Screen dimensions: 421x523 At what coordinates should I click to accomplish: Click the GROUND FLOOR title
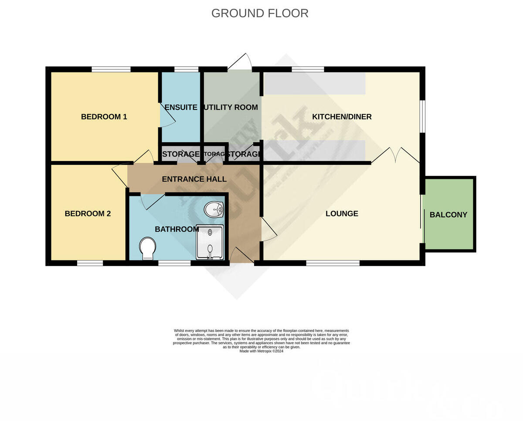[x=260, y=13]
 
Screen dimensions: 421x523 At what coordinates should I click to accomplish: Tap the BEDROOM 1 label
[x=104, y=116]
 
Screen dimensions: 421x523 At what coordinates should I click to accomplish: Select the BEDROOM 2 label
[x=88, y=213]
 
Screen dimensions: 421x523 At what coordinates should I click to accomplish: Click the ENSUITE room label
[x=181, y=107]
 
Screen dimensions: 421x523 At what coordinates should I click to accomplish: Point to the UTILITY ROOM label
[x=231, y=107]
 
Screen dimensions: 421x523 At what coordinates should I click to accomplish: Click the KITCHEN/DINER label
[x=342, y=116]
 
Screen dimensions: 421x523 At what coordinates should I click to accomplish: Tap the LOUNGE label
[x=342, y=213]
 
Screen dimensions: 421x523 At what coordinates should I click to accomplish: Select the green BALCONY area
[x=448, y=214]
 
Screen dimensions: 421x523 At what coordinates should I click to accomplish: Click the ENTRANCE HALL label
[x=194, y=179]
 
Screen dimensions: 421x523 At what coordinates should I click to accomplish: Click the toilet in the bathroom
[x=147, y=248]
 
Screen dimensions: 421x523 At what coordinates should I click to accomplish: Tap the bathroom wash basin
[x=214, y=210]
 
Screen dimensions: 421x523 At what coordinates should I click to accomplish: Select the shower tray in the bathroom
[x=210, y=242]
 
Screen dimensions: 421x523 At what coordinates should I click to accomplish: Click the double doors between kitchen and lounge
[x=396, y=155]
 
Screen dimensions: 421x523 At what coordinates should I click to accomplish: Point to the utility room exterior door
[x=240, y=62]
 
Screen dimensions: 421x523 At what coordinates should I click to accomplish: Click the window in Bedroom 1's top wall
[x=111, y=69]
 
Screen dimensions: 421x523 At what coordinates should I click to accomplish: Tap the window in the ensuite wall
[x=186, y=69]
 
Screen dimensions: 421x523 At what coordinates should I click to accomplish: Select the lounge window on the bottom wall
[x=333, y=263]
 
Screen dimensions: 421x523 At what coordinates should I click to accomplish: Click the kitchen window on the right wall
[x=422, y=116]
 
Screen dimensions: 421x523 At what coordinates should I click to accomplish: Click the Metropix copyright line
[x=261, y=351]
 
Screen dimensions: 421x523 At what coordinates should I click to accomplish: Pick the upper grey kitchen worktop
[x=315, y=83]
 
